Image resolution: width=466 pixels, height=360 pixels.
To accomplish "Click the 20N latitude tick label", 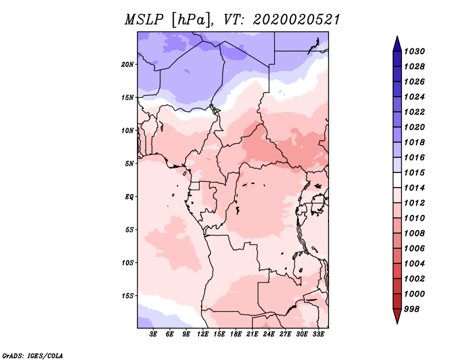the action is tap(128, 65).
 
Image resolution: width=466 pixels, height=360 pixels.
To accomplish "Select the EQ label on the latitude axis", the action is tap(129, 197).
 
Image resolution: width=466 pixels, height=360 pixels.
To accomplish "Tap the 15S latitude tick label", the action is tap(128, 296).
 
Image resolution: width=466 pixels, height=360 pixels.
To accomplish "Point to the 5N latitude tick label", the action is tap(129, 164).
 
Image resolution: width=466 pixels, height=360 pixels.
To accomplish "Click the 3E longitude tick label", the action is tap(153, 334).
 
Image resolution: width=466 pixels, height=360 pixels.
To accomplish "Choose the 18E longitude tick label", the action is tap(236, 334).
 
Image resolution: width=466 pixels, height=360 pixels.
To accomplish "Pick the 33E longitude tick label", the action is tap(318, 334).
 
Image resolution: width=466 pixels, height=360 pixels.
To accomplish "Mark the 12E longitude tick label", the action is tap(203, 334).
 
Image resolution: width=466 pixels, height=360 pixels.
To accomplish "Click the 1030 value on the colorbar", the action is tap(415, 51).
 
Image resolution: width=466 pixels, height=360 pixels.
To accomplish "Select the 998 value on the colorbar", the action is tap(412, 309).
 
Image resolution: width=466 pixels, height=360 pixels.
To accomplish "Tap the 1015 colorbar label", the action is tap(415, 172).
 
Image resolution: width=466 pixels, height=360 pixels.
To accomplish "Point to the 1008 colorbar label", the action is tap(415, 234).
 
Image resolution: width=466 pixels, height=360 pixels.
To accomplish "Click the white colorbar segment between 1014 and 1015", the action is tap(397, 180).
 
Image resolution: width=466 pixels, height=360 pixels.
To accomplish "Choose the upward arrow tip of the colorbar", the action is tap(397, 36).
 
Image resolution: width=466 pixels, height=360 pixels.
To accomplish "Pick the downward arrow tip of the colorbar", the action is tap(397, 323).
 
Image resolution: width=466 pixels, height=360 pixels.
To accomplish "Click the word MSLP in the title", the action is tap(144, 20).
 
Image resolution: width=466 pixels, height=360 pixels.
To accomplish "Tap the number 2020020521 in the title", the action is tap(296, 20).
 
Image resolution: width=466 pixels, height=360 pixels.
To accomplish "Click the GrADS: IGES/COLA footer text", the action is tap(33, 356).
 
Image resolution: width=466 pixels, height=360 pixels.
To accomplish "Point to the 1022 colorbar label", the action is tap(415, 112).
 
